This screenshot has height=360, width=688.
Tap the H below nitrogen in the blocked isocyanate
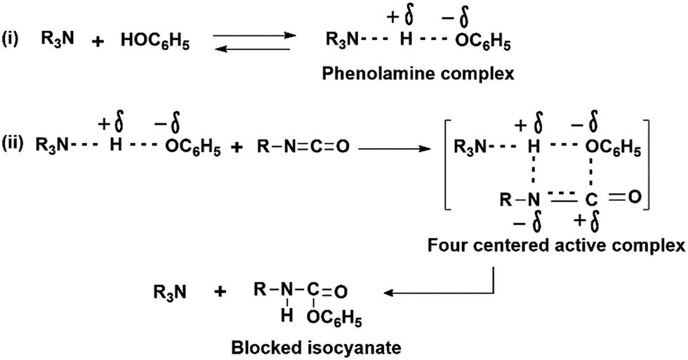click(x=286, y=314)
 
